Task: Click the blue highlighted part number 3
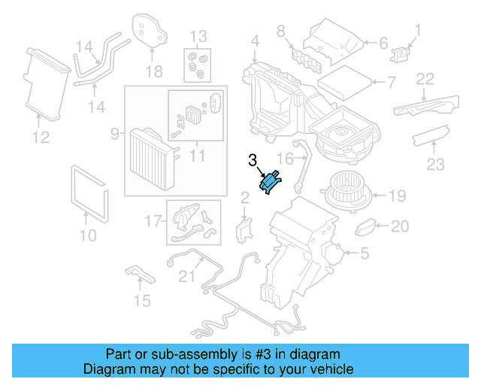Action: tap(270, 183)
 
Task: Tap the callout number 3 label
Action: tap(253, 159)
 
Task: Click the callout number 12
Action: tap(41, 137)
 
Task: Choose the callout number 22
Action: tap(425, 78)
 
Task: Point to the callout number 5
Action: tap(364, 254)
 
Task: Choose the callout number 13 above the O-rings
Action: tap(198, 35)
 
